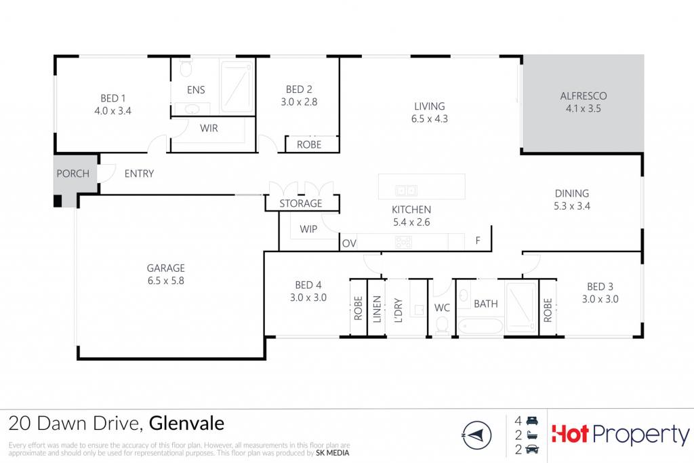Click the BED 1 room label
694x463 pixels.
point(113,98)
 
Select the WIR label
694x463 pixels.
point(209,128)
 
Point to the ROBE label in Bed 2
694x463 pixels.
point(309,145)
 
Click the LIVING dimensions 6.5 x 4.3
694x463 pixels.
point(429,119)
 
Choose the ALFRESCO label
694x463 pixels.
point(584,96)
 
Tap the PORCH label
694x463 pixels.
point(73,174)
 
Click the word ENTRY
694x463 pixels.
point(139,174)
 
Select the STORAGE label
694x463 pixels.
point(300,203)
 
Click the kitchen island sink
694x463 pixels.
point(406,190)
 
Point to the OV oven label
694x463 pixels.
point(349,243)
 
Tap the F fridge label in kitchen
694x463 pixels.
point(478,241)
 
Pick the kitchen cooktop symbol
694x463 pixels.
point(403,242)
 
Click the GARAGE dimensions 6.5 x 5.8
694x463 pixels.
point(166,281)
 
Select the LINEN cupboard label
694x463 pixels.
point(377,309)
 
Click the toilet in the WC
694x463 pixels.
point(442,325)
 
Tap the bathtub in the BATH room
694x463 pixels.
point(480,326)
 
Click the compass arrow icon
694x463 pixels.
point(476,436)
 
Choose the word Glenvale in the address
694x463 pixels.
point(186,424)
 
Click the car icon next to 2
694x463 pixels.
point(532,449)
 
